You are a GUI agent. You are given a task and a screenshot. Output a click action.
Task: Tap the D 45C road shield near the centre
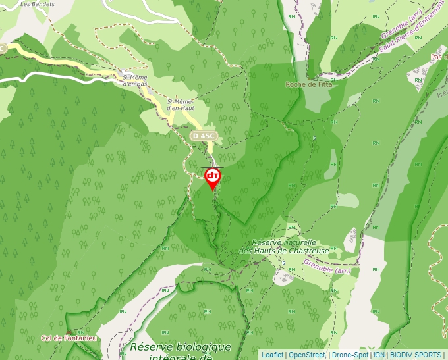[204, 136]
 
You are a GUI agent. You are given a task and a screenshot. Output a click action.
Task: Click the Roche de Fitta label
[309, 84]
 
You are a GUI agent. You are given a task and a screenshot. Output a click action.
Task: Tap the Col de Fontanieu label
[69, 338]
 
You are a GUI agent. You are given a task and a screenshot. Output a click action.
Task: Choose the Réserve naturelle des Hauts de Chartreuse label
[284, 246]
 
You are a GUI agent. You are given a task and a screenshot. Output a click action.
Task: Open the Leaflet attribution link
[272, 355]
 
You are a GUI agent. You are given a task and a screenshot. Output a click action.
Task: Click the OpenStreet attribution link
[307, 355]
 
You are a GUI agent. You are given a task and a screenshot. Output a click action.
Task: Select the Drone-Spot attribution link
[350, 355]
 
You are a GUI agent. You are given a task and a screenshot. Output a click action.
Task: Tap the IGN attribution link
[379, 355]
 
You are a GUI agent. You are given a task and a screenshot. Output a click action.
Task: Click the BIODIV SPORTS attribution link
[416, 355]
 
